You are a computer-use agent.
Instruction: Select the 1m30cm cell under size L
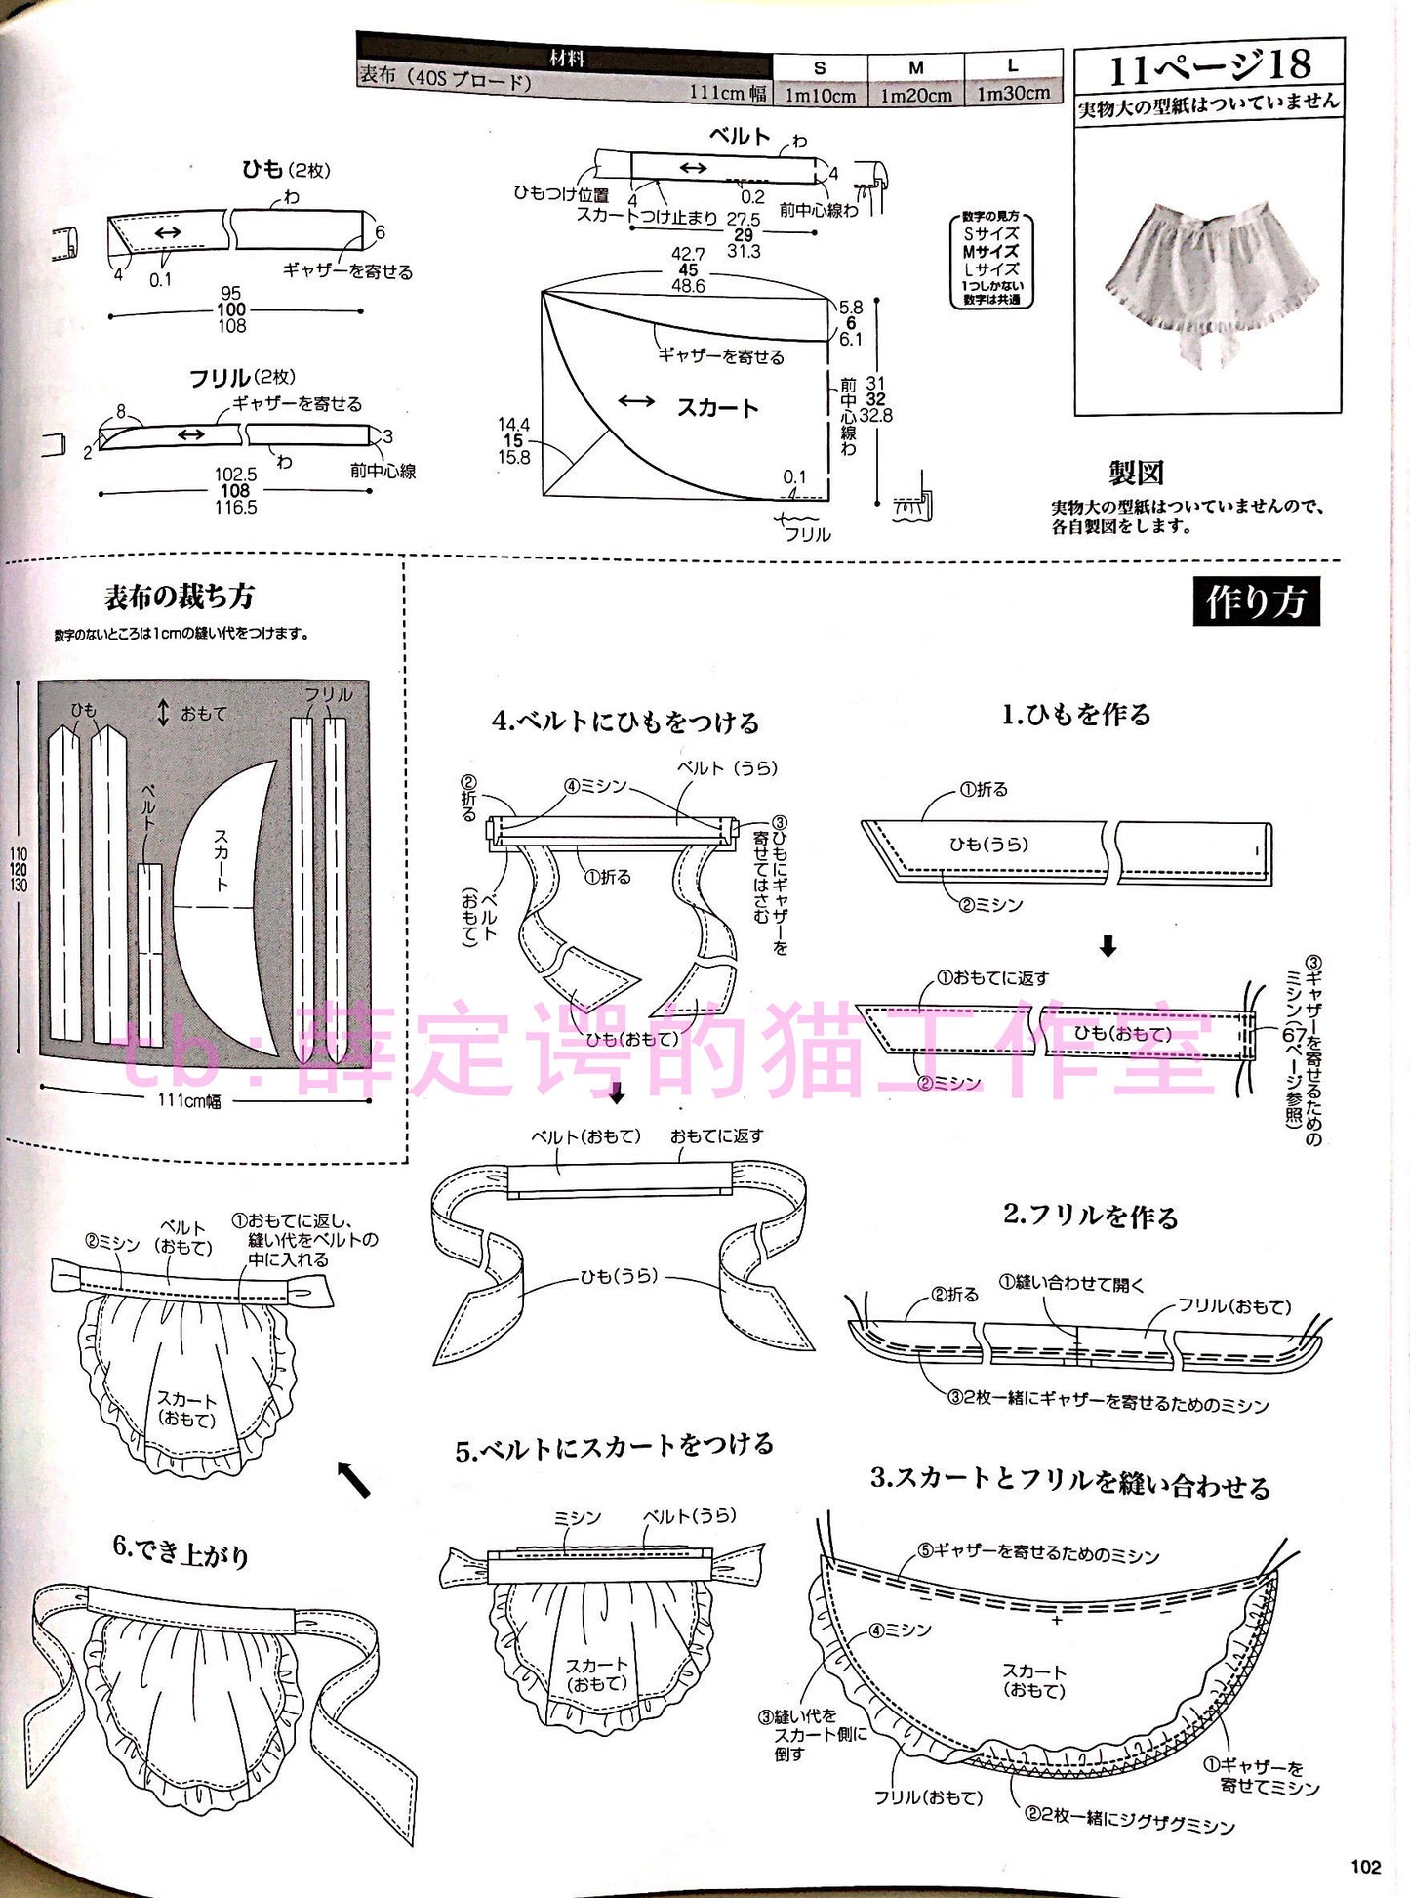1013,93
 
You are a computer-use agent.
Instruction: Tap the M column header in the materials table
915,67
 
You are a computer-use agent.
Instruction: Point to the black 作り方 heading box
1256,602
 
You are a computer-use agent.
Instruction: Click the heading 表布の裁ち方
179,596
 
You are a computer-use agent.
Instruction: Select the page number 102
1366,1867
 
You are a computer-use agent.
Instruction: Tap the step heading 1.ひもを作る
1076,715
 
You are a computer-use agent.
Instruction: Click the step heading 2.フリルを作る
1090,1216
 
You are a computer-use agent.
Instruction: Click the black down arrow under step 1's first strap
1108,946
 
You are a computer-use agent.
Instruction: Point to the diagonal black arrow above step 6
353,1479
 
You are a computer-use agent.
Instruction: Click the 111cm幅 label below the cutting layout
189,1100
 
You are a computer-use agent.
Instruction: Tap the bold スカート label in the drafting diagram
717,408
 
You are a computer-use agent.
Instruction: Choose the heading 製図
1136,474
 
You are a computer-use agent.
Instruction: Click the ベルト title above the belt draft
739,136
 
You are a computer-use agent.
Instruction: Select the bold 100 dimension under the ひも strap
231,309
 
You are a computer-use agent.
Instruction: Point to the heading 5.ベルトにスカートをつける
614,1446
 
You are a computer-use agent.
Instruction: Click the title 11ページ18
1209,67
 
